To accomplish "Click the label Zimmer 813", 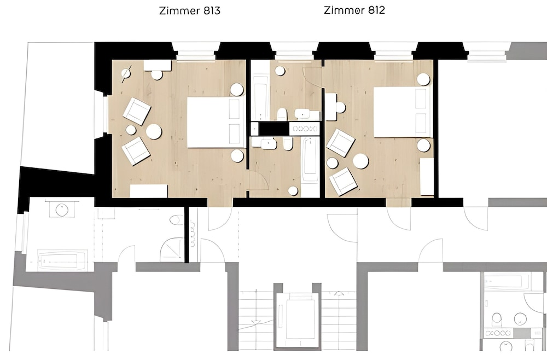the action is click(x=190, y=11).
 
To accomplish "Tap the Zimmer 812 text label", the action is click(x=354, y=10).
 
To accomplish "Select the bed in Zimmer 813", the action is click(x=216, y=123).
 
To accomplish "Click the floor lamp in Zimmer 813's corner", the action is click(x=126, y=74).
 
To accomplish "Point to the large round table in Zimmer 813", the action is click(x=154, y=131).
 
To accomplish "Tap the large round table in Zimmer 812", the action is click(x=360, y=161).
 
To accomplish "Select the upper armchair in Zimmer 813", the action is click(x=137, y=111).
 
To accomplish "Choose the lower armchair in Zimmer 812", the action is click(x=344, y=182).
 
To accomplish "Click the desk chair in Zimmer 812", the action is click(x=340, y=107).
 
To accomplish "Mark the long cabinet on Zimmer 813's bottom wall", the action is click(x=149, y=191).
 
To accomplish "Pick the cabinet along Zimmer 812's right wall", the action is click(x=427, y=177).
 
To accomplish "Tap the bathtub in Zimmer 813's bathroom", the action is click(x=310, y=159).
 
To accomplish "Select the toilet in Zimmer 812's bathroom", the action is click(x=282, y=114).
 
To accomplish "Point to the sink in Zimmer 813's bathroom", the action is click(x=269, y=143).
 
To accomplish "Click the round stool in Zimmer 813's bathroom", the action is click(x=293, y=191).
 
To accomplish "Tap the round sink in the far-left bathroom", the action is click(x=62, y=210).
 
